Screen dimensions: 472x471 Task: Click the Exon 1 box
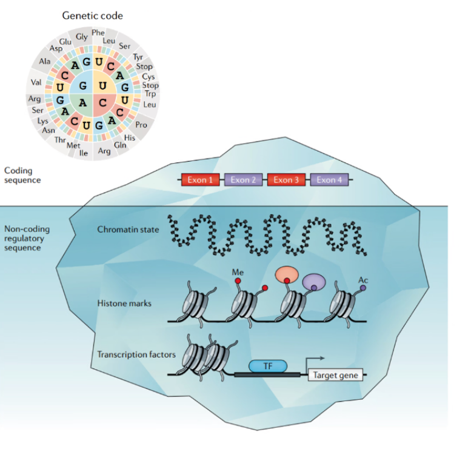200,179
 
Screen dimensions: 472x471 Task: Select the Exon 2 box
243,179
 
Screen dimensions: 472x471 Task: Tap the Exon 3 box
286,179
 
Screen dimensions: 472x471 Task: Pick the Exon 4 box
329,179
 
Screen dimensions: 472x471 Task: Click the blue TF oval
267,366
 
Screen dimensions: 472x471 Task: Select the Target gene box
335,375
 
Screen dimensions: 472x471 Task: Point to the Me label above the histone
238,273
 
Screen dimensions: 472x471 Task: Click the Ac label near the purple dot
363,280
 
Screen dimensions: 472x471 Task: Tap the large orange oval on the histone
287,274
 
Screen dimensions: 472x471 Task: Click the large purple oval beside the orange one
313,281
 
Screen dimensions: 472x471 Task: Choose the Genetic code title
93,15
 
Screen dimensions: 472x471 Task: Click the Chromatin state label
128,230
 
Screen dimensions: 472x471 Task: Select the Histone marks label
124,303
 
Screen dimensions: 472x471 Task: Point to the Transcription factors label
136,354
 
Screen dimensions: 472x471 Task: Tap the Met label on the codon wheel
73,145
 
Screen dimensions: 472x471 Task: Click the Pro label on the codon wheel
142,124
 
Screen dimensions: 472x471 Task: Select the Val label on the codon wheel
35,82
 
